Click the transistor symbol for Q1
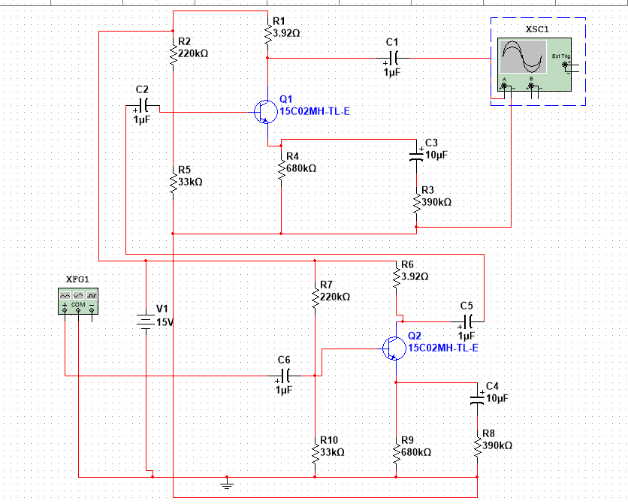[266, 112]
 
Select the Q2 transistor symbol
[394, 349]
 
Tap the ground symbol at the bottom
[227, 484]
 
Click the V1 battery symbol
[146, 322]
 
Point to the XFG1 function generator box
[78, 301]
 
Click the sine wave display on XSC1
[523, 57]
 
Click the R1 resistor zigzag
[267, 34]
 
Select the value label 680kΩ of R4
[301, 168]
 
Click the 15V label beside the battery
[165, 322]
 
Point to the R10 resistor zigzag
[316, 452]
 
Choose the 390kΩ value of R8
[497, 445]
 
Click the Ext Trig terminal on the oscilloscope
[565, 65]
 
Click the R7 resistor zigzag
[316, 297]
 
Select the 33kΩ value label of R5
[190, 182]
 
